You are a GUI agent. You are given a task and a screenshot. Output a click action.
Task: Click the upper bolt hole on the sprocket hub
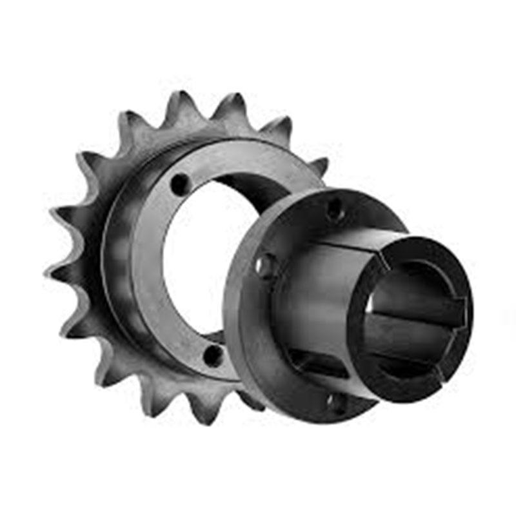[x=181, y=184]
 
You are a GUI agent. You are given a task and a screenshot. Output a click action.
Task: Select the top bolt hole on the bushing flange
[x=335, y=208]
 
